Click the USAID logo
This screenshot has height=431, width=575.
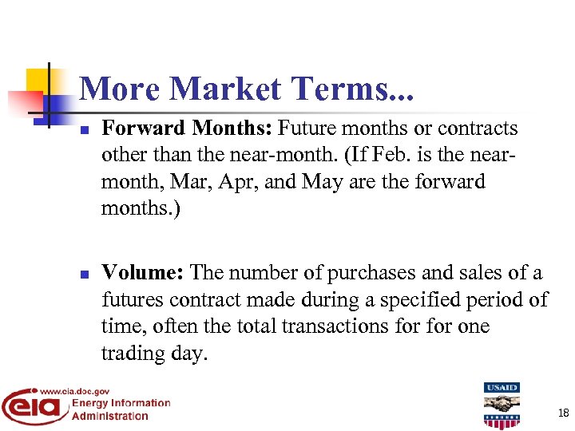coord(502,405)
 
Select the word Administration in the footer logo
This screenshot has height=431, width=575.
coord(110,416)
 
